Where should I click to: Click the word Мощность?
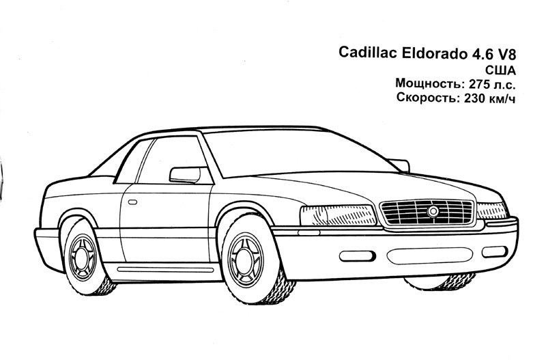429,85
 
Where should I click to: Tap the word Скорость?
427,99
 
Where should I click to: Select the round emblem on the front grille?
433,212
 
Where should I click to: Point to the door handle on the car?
132,202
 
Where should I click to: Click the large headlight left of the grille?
338,215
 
